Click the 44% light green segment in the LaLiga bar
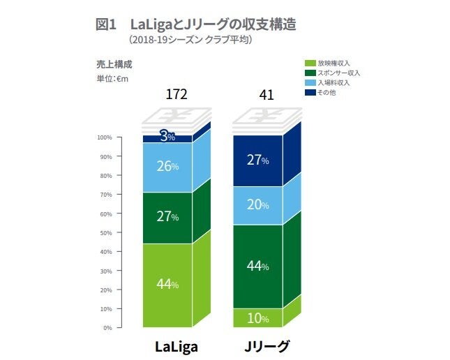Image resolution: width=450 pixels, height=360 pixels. tap(167, 285)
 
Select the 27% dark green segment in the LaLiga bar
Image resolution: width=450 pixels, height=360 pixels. tap(167, 217)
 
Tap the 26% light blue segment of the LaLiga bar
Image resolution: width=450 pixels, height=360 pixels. tap(167, 167)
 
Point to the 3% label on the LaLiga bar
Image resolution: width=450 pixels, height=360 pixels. tap(167, 137)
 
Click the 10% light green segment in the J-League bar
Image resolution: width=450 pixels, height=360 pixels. tap(258, 318)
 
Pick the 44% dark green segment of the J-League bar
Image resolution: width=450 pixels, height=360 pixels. tap(258, 266)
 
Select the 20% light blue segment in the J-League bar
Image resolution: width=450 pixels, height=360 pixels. tap(258, 205)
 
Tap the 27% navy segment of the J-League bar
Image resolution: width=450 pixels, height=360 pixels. tap(258, 160)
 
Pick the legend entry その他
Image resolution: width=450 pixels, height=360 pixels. tap(327, 92)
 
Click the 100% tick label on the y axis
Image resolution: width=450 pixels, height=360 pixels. tap(105, 137)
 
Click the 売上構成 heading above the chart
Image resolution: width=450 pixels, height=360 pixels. tap(114, 64)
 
